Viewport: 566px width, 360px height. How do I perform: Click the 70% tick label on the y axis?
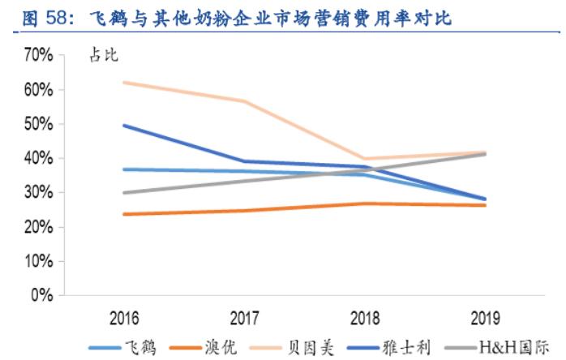[x=39, y=55]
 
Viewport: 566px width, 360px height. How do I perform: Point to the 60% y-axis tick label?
[x=39, y=89]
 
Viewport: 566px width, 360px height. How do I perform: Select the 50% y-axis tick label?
[x=39, y=124]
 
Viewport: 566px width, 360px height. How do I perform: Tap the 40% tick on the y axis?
[x=39, y=158]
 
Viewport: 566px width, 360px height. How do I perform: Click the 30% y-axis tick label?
[x=39, y=193]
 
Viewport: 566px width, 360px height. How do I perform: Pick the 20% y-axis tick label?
[x=39, y=227]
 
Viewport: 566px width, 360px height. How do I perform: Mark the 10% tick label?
[x=39, y=262]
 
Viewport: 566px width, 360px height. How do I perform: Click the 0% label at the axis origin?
[x=42, y=296]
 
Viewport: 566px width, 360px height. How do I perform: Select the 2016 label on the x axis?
[x=121, y=317]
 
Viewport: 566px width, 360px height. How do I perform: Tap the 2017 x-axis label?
[x=244, y=317]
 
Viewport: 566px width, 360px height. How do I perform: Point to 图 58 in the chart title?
[x=39, y=17]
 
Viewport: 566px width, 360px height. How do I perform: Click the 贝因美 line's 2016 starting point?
[x=122, y=83]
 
